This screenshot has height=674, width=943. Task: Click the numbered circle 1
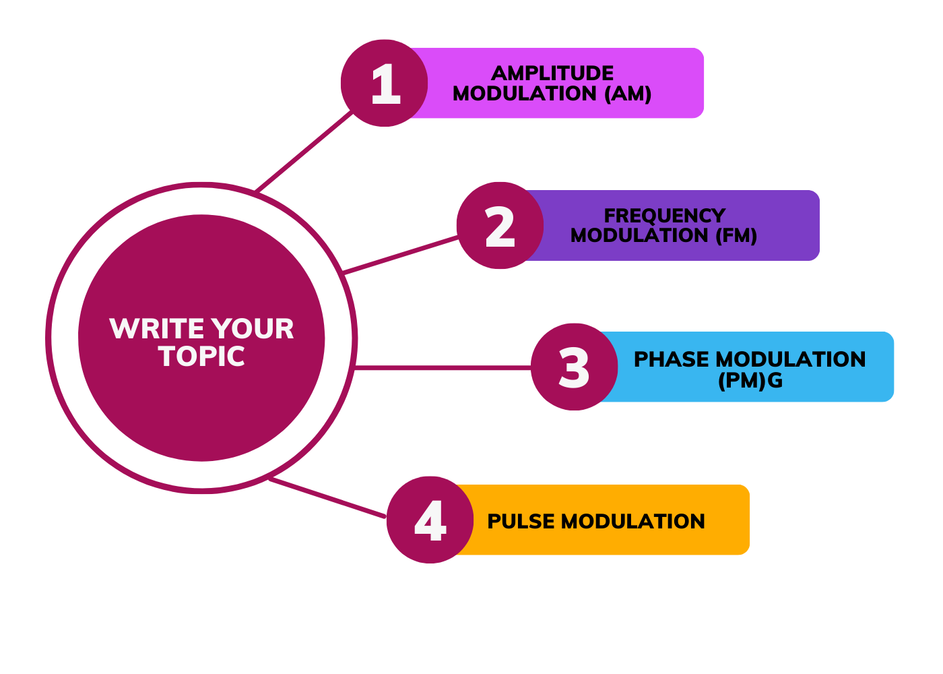pyautogui.click(x=384, y=83)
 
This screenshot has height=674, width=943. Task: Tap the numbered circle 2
pyautogui.click(x=500, y=225)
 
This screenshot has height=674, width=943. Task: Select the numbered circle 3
pyautogui.click(x=574, y=367)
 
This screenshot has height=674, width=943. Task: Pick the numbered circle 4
pyautogui.click(x=430, y=520)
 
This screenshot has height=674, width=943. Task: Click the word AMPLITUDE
pyautogui.click(x=552, y=73)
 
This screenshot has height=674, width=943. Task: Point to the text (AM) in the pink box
pyautogui.click(x=628, y=94)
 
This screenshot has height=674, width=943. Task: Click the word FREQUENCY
pyautogui.click(x=664, y=216)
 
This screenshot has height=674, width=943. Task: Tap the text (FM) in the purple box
pyautogui.click(x=736, y=235)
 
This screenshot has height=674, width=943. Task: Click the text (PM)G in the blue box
pyautogui.click(x=750, y=381)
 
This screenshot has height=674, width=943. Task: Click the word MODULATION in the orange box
pyautogui.click(x=632, y=522)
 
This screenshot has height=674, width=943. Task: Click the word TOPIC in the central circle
pyautogui.click(x=201, y=357)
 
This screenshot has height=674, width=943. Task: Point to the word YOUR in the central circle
pyautogui.click(x=252, y=329)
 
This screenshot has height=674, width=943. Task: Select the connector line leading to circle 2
pyautogui.click(x=400, y=255)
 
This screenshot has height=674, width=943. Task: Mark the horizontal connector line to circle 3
pyautogui.click(x=443, y=368)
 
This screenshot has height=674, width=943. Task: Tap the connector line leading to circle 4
pyautogui.click(x=327, y=497)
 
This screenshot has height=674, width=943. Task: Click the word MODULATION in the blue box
pyautogui.click(x=791, y=359)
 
